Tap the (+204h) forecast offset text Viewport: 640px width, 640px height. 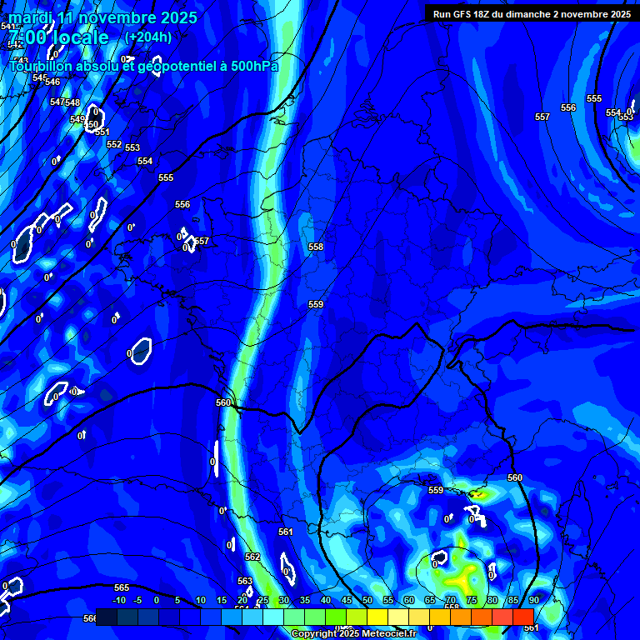pos(147,37)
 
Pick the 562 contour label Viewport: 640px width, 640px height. pos(252,557)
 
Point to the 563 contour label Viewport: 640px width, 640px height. pos(245,581)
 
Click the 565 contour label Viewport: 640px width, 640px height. pos(122,587)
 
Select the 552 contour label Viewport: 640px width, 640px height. pos(114,144)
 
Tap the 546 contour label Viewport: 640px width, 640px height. pos(52,82)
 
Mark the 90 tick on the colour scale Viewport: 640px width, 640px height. pos(533,600)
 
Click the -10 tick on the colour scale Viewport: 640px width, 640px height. pos(119,600)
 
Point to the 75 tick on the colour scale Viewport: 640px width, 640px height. pos(472,600)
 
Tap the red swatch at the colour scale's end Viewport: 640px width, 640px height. pos(522,617)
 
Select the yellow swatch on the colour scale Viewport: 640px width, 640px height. pos(377,617)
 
